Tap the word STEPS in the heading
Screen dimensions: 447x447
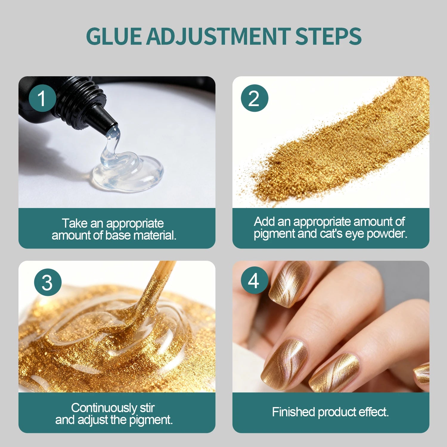click(x=328, y=36)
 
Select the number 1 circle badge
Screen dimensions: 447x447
click(x=42, y=98)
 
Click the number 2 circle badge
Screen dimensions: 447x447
click(x=254, y=98)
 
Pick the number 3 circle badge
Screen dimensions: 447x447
click(x=48, y=282)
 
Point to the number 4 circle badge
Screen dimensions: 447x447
click(x=254, y=280)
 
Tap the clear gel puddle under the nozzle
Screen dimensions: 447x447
click(x=128, y=173)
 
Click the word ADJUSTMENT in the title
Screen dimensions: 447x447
click(x=218, y=36)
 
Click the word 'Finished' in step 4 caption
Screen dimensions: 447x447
click(x=294, y=412)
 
